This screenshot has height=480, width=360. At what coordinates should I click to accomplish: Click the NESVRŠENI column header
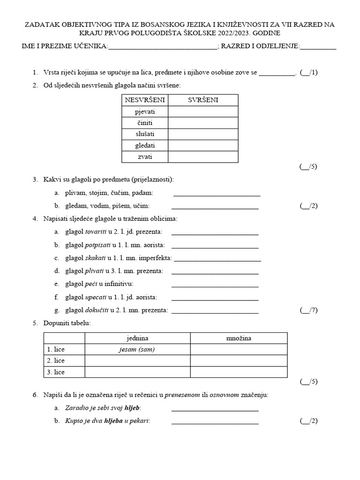click(144, 100)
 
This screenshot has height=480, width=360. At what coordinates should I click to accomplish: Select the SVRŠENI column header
click(202, 100)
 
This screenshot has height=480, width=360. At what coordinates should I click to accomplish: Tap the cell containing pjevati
click(144, 112)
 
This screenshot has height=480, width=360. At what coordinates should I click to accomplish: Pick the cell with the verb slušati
click(144, 134)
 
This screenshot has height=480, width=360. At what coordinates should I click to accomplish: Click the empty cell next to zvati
click(202, 157)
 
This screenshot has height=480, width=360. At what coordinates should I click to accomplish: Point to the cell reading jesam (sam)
click(137, 349)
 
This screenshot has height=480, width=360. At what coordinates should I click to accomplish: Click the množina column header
click(238, 338)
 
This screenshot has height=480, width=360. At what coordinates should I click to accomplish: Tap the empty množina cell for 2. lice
click(238, 360)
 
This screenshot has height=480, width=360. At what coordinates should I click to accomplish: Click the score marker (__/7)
click(308, 310)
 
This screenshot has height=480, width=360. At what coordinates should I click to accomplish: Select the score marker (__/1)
click(308, 72)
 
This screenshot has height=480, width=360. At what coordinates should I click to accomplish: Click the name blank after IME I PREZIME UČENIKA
click(163, 46)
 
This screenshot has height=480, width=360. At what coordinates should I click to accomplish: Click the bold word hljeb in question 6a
click(132, 408)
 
